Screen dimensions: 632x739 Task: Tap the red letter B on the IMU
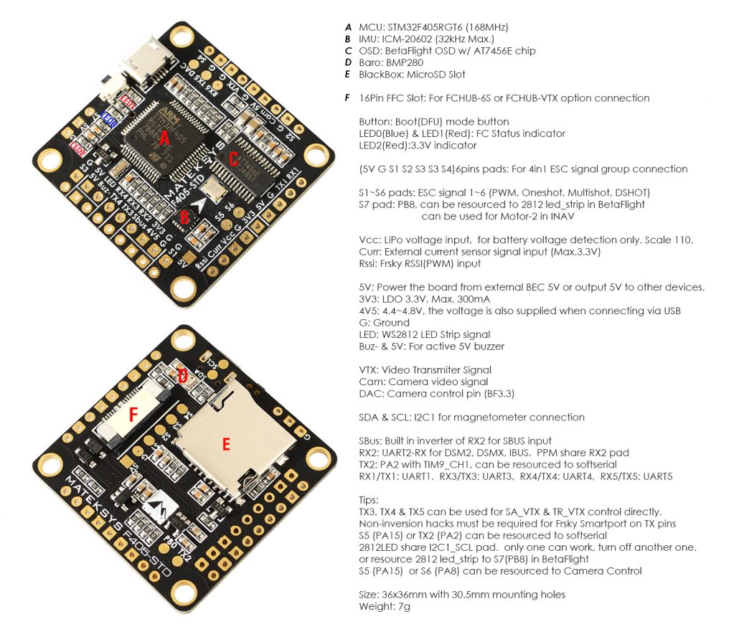pos(184,215)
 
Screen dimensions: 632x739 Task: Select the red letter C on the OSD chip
pos(232,160)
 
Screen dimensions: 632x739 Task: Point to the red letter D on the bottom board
pos(183,375)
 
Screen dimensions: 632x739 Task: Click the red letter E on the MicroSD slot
pos(227,445)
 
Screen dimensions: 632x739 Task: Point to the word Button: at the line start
pos(375,122)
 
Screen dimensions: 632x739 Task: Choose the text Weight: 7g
pos(385,606)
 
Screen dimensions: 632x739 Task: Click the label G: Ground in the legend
pos(382,323)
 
